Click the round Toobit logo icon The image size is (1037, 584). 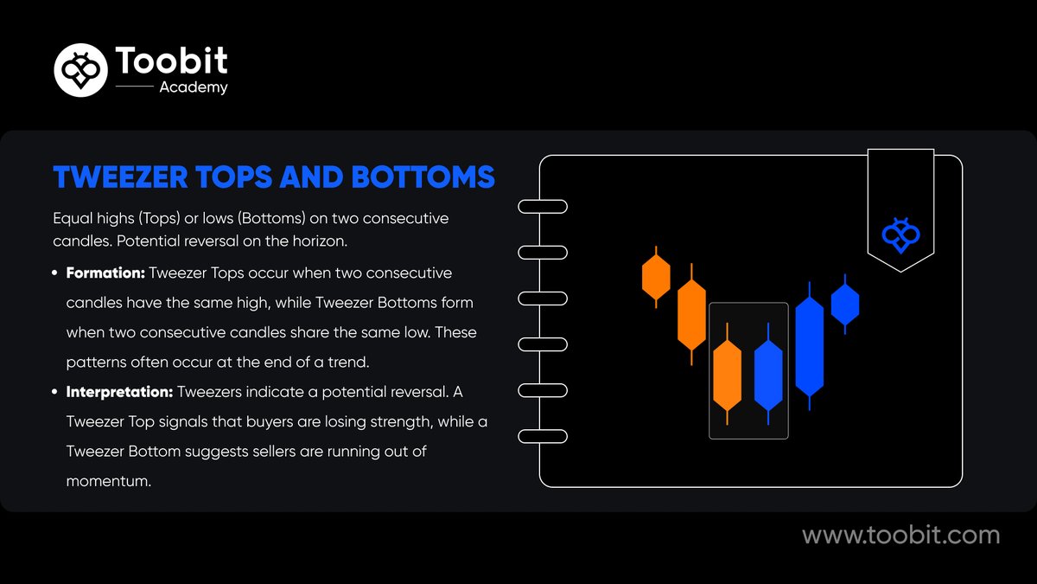81,70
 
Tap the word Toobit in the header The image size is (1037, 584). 171,61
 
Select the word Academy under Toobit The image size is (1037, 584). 194,87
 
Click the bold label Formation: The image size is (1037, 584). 105,273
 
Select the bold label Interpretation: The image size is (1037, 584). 119,392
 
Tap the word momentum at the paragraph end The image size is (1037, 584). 108,481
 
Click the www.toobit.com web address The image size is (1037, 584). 900,536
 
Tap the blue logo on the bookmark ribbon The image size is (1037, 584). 900,234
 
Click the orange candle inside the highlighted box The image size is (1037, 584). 728,375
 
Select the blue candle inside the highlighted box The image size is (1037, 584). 768,375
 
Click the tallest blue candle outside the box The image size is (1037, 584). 810,346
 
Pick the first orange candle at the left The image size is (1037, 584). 656,277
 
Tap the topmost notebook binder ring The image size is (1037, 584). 542,207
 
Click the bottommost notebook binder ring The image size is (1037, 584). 542,435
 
